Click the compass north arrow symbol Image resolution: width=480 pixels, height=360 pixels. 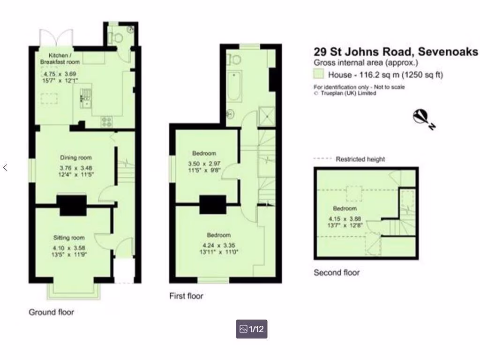(424, 118)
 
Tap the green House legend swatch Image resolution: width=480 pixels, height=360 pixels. (319, 74)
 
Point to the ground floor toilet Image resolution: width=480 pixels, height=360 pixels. (116, 38)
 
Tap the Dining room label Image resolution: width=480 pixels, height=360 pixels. (75, 158)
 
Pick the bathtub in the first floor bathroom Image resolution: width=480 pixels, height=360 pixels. (234, 86)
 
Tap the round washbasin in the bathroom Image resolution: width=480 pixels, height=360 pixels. (231, 113)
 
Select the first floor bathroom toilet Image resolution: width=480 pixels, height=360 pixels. (234, 60)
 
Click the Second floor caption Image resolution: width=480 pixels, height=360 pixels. (336, 272)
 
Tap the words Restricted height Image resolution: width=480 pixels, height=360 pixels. (360, 159)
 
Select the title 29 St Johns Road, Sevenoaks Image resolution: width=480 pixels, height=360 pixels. (396, 52)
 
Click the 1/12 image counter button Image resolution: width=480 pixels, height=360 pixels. (252, 329)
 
